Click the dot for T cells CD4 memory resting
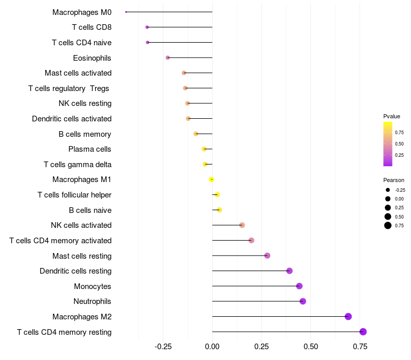point(363,332)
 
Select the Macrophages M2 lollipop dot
point(348,316)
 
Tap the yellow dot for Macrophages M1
point(211,179)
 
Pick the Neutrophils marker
point(303,301)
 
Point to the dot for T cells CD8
point(147,27)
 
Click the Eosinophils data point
point(167,58)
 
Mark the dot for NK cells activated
point(242,225)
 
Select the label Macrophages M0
point(82,12)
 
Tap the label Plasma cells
point(90,149)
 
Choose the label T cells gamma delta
point(78,165)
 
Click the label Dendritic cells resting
point(76,271)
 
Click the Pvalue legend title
point(391,116)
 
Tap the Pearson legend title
point(394,180)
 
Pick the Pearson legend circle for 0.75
point(388,225)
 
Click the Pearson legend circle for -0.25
point(388,190)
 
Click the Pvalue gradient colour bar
point(388,144)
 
